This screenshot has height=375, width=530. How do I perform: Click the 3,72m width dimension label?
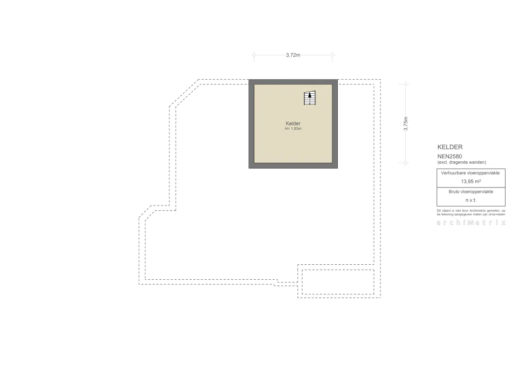tap(293, 55)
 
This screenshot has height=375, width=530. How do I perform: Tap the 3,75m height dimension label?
tap(406, 124)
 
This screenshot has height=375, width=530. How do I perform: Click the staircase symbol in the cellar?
tap(310, 98)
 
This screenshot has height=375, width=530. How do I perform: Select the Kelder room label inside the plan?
tap(293, 123)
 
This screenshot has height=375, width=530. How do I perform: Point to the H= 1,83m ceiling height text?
tap(293, 129)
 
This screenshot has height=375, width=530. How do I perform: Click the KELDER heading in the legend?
tap(450, 147)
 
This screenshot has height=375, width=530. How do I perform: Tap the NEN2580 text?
tap(449, 156)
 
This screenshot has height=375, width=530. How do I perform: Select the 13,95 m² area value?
tap(471, 181)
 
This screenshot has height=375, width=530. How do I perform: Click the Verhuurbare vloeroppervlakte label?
tap(470, 173)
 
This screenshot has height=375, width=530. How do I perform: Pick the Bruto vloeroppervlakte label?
tap(471, 192)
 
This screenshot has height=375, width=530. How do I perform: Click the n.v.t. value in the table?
tap(471, 200)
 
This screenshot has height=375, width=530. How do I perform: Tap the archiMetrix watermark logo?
tap(471, 222)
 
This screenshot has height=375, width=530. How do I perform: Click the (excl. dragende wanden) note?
tap(462, 162)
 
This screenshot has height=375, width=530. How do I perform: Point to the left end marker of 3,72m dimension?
tap(254, 55)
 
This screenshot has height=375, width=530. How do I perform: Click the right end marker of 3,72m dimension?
tap(332, 55)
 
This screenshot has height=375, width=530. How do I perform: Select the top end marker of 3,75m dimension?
tap(406, 84)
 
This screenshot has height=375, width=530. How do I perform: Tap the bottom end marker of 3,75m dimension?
tap(406, 163)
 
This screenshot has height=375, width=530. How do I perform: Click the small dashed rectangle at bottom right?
tap(338, 270)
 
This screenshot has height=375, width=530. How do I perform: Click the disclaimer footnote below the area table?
tap(471, 212)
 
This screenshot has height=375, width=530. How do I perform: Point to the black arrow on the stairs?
tap(310, 95)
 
